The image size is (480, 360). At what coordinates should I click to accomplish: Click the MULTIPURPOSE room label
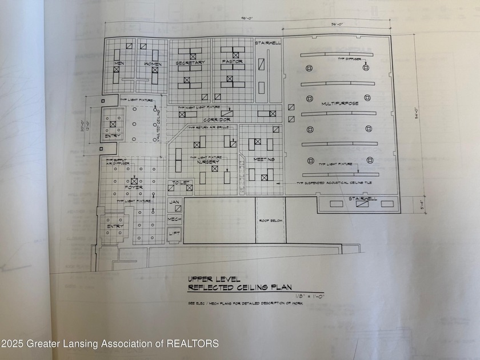339,103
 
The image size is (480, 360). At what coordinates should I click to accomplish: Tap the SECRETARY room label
190,62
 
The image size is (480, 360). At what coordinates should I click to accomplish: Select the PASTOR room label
231,61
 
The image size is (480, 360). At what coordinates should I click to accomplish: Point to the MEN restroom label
120,63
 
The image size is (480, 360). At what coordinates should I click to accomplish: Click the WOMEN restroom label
153,64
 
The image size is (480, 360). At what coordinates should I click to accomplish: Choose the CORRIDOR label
217,120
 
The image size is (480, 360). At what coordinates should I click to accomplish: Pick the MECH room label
174,218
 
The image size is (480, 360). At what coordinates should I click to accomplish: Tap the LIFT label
174,234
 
